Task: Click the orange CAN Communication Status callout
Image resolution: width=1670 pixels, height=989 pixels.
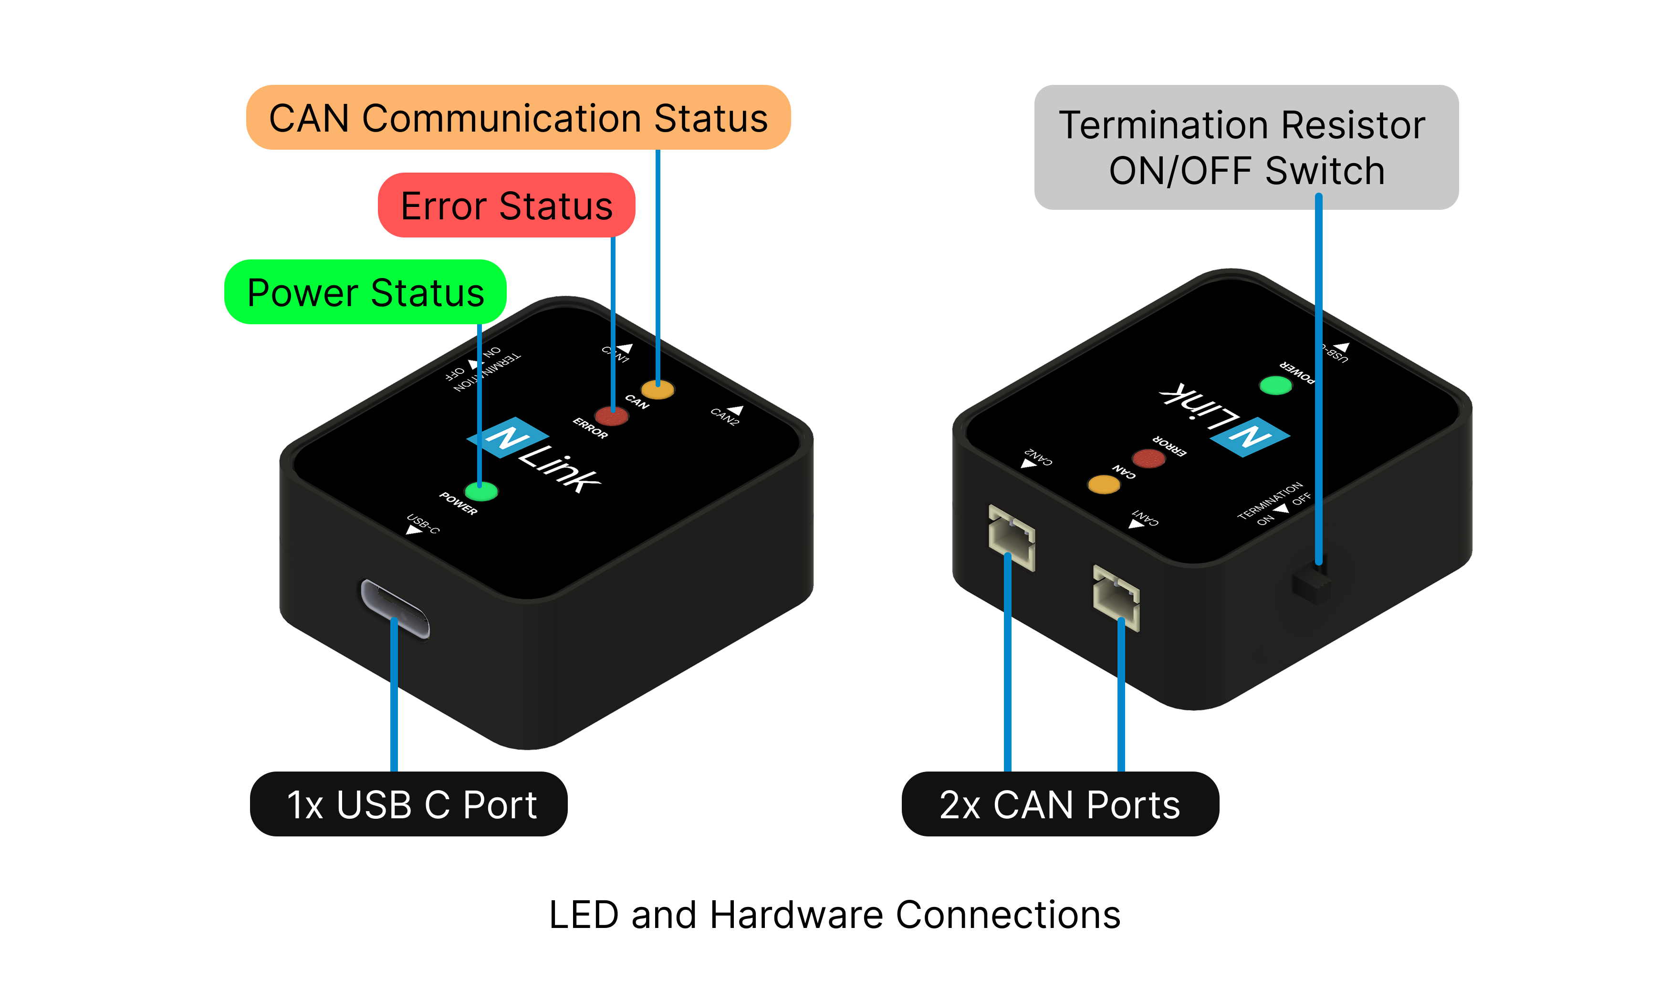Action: [518, 118]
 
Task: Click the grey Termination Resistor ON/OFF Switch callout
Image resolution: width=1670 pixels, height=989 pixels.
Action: [1245, 147]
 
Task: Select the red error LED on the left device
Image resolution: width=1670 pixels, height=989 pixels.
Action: [611, 416]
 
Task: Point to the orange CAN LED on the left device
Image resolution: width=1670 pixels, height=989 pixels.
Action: [658, 389]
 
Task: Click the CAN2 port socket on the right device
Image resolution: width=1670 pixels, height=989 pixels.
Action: [1012, 538]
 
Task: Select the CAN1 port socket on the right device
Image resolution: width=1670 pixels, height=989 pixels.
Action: [1116, 598]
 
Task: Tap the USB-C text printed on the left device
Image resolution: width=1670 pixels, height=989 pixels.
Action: [423, 523]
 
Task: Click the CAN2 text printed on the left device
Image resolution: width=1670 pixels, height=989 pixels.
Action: [725, 416]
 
